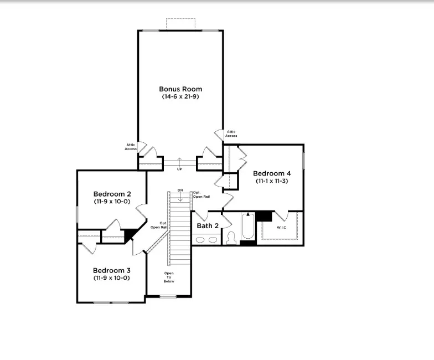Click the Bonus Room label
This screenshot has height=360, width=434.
tap(180, 89)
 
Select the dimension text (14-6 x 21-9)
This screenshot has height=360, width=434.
tap(180, 96)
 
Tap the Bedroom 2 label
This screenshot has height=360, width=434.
tap(112, 194)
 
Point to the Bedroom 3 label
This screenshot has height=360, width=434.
tap(112, 270)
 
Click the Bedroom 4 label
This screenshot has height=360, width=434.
tap(272, 173)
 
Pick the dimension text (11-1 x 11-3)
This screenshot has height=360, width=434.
tap(272, 181)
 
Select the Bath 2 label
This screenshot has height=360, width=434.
tap(208, 226)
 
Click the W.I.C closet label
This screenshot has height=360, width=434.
tap(281, 228)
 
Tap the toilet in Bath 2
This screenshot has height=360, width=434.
tap(231, 238)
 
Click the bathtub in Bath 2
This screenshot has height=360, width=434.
tap(248, 226)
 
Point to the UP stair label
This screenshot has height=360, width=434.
tap(179, 169)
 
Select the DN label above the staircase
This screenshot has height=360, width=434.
tap(180, 191)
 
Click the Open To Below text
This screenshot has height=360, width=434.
tap(169, 277)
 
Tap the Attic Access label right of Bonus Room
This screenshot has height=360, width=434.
tap(231, 134)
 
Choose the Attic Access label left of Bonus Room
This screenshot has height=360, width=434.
tap(131, 147)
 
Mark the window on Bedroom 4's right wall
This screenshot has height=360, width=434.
tap(303, 161)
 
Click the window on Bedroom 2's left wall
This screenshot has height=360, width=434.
tap(77, 214)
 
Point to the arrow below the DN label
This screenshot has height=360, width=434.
tap(180, 197)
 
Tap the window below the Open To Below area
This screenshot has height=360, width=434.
tap(168, 297)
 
